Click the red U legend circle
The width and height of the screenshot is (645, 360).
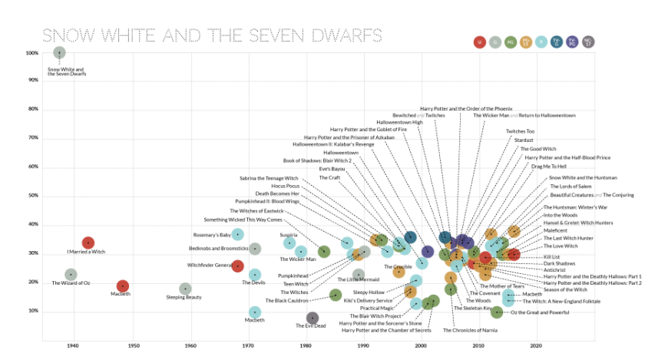(480, 42)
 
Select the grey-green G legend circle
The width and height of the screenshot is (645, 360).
(495, 42)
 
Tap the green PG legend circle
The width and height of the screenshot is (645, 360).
(511, 42)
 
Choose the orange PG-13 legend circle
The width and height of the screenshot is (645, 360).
(526, 42)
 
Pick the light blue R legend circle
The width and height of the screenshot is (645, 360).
(541, 42)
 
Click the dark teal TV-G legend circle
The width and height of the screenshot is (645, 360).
(557, 42)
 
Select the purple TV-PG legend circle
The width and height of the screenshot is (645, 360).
(572, 42)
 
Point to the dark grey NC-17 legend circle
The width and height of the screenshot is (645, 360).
(588, 42)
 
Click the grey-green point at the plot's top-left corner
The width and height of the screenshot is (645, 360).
(59, 52)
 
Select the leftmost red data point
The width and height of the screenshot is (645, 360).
(88, 243)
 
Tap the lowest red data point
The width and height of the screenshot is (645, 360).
(123, 286)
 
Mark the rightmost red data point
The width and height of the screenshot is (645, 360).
(514, 255)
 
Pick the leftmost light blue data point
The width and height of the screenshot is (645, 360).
(238, 235)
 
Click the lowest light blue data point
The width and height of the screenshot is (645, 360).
(255, 312)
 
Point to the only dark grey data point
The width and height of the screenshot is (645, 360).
(313, 318)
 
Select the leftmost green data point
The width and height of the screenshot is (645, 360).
(324, 252)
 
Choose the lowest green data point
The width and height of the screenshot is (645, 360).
(497, 312)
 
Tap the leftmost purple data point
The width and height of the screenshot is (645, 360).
(428, 252)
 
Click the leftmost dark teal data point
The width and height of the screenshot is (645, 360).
(411, 237)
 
